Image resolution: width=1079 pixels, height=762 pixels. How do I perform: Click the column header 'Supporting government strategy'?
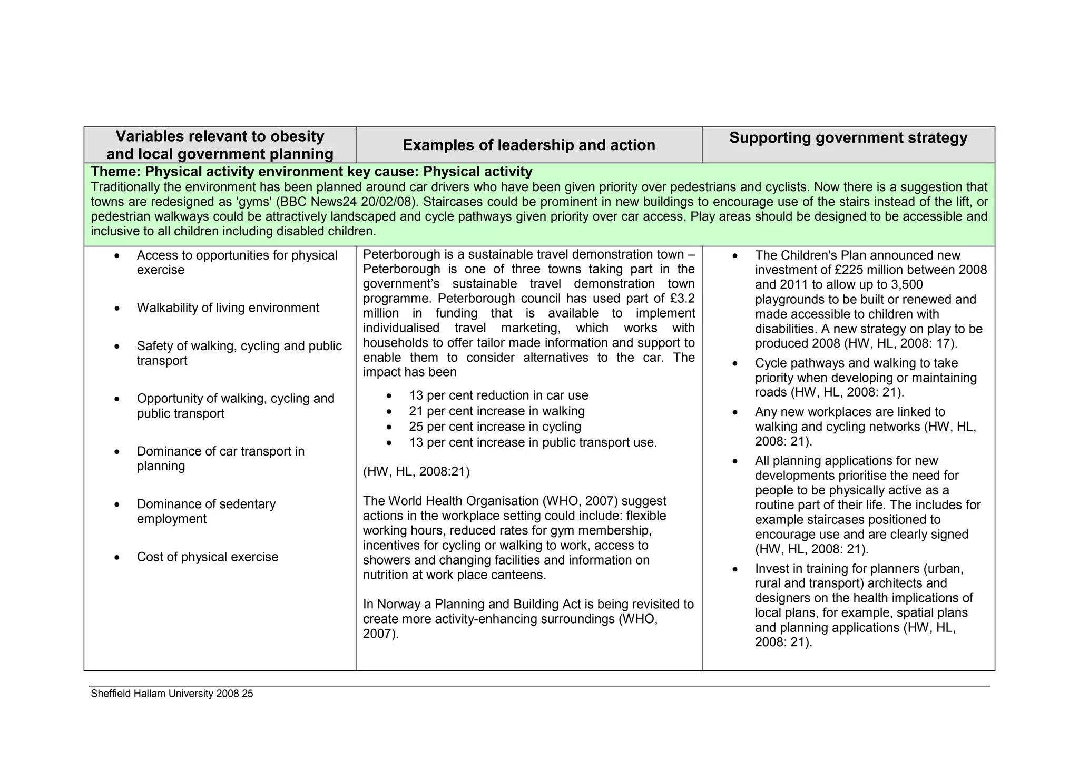coord(848,138)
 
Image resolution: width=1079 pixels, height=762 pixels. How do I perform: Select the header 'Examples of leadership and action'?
coord(528,145)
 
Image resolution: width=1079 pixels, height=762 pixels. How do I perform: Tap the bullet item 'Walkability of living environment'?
coord(228,308)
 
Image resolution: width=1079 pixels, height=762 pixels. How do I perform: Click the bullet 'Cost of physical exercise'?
coord(207,557)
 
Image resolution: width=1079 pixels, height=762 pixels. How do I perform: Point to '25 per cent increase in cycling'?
coord(495,427)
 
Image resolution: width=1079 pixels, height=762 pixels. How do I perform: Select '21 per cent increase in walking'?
coord(496,411)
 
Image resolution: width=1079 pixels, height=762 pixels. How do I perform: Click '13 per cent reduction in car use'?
coord(498,395)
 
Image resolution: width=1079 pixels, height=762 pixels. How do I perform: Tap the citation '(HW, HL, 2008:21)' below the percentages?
coord(416,471)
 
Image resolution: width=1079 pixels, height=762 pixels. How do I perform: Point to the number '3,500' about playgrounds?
coord(906,285)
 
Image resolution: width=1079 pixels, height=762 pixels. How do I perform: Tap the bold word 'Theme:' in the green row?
coord(116,172)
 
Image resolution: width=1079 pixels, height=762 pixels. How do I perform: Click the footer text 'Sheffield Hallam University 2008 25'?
coord(172,694)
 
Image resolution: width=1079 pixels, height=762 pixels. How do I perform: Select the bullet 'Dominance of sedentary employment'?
coord(206,511)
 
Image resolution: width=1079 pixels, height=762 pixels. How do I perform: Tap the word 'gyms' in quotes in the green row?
coord(255,202)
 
